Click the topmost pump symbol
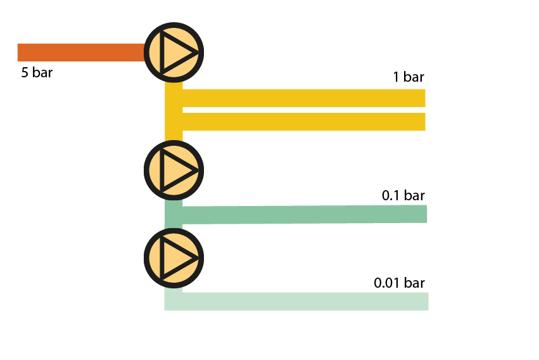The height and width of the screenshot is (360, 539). pyautogui.click(x=174, y=52)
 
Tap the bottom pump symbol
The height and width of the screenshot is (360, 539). pyautogui.click(x=174, y=257)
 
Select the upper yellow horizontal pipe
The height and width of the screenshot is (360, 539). pyautogui.click(x=304, y=98)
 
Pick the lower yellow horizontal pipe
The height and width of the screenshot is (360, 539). pyautogui.click(x=304, y=122)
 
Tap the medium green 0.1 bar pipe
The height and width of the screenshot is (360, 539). pyautogui.click(x=304, y=215)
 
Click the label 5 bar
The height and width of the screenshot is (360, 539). pyautogui.click(x=37, y=73)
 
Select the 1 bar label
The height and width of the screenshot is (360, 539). pyautogui.click(x=409, y=77)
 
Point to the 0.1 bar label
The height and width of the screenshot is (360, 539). pyautogui.click(x=403, y=196)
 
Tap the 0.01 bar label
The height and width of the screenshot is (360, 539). pyautogui.click(x=399, y=283)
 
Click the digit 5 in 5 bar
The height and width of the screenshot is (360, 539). pyautogui.click(x=25, y=73)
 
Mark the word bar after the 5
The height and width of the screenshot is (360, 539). pyautogui.click(x=42, y=73)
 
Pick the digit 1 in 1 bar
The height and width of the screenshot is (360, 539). pyautogui.click(x=396, y=77)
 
